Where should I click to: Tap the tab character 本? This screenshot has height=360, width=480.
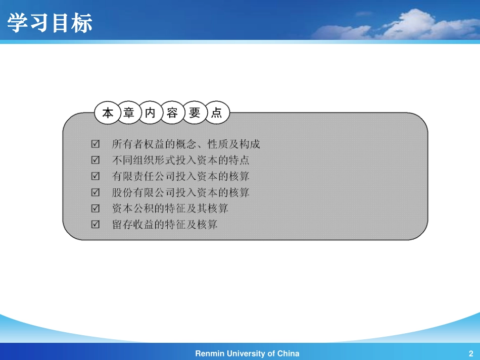coord(108,113)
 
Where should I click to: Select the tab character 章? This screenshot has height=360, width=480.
coord(129,113)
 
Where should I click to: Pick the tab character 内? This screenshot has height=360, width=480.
coord(151,113)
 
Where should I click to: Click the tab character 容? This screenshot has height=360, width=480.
coord(172,113)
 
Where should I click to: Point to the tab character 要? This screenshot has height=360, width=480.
coord(195,113)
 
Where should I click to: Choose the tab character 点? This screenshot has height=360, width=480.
coord(217,113)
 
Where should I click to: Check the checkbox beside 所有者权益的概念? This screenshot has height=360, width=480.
coord(95,144)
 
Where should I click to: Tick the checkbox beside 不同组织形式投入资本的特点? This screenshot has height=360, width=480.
coord(95,161)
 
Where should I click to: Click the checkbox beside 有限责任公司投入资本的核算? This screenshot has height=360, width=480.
coord(95,177)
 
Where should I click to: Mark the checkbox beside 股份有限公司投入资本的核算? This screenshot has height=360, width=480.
coord(95,192)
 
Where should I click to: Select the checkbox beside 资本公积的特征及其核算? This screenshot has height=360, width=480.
coord(95,209)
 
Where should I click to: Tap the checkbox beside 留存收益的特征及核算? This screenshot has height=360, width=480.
coord(95,224)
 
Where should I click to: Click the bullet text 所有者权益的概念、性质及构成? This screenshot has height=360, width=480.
coord(186,144)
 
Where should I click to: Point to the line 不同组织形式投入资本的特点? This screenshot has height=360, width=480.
coord(180,161)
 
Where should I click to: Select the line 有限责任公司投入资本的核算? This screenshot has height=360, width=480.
coord(180,177)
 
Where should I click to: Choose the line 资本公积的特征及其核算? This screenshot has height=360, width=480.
coord(170,209)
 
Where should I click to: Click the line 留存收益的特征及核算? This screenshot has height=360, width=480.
coord(165,224)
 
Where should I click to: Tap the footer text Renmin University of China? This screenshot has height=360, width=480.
coord(247,353)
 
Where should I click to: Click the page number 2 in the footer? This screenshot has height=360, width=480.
coord(470,353)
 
